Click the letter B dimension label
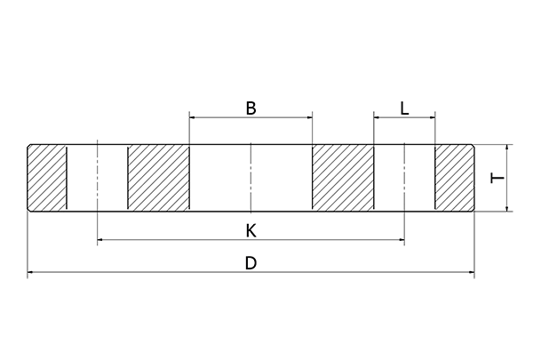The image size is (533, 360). pyautogui.click(x=251, y=108)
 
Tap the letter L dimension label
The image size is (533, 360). pyautogui.click(x=405, y=108)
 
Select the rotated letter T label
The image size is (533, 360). pyautogui.click(x=498, y=178)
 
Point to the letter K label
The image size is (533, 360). pyautogui.click(x=251, y=230)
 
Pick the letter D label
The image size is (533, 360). pyautogui.click(x=251, y=263)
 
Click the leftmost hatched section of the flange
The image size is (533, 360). pyautogui.click(x=48, y=178)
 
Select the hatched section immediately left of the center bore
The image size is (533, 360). pyautogui.click(x=158, y=178)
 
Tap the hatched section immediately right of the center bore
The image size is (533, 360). pyautogui.click(x=343, y=178)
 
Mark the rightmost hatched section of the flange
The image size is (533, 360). pyautogui.click(x=454, y=178)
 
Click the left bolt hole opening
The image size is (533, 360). pyautogui.click(x=97, y=178)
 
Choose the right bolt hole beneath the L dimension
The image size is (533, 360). pyautogui.click(x=404, y=178)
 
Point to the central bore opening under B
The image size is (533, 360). pyautogui.click(x=251, y=178)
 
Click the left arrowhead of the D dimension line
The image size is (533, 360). pyautogui.click(x=31, y=274)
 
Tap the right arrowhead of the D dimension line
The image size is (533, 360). pyautogui.click(x=471, y=274)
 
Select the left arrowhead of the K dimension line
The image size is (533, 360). pyautogui.click(x=99, y=240)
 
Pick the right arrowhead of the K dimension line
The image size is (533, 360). pyautogui.click(x=402, y=240)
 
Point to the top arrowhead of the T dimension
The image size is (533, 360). pyautogui.click(x=508, y=148)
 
